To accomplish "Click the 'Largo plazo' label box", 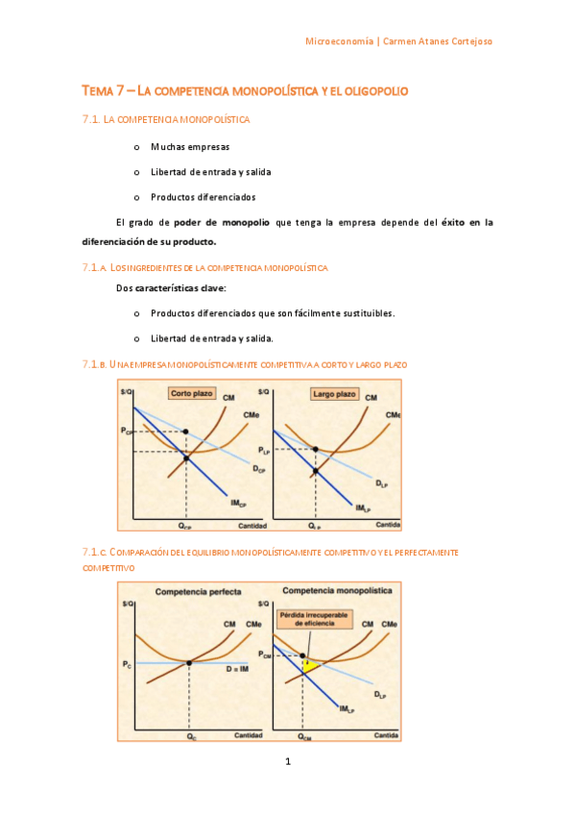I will coord(334,393).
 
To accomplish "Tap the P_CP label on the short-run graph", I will coord(128,432).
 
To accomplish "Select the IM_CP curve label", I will coord(237,503).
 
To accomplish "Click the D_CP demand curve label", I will coord(259,469).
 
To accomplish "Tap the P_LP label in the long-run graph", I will coord(265,450).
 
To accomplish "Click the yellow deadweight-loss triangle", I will coord(309,665).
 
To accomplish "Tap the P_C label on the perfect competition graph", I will coord(128,664).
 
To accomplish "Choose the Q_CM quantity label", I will coord(304,736).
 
